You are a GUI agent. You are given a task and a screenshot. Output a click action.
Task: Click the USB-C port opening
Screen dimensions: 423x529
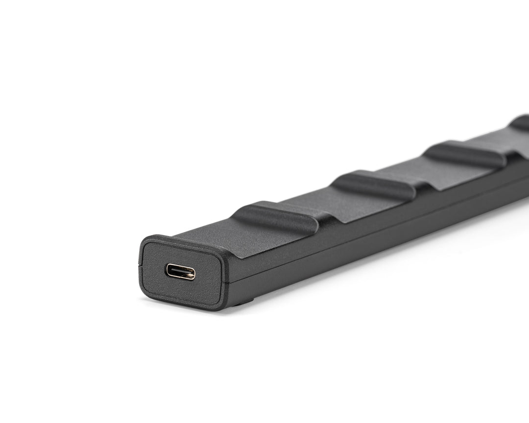[x=180, y=271]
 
